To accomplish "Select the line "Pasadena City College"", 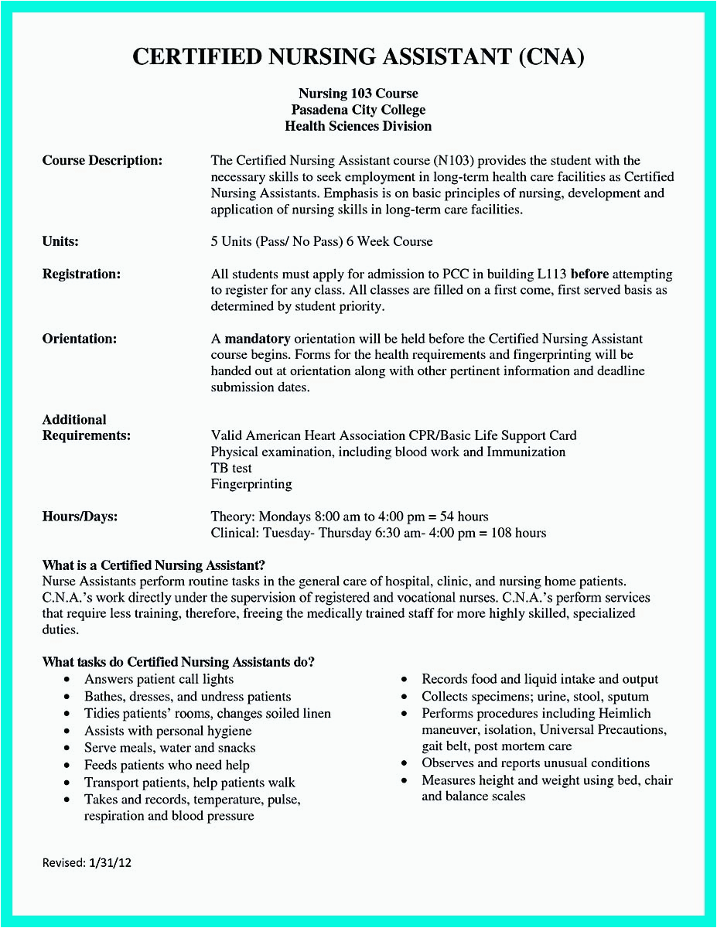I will pyautogui.click(x=358, y=110).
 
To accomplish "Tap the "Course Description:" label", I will pyautogui.click(x=102, y=161).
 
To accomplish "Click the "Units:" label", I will pyautogui.click(x=60, y=242).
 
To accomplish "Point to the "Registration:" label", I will pyautogui.click(x=81, y=275).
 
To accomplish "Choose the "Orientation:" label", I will pyautogui.click(x=80, y=339).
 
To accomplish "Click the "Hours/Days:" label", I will pyautogui.click(x=80, y=517).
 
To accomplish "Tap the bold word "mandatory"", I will pyautogui.click(x=258, y=339).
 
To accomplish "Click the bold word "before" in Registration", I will pyautogui.click(x=589, y=275).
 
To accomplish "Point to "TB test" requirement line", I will pyautogui.click(x=231, y=468).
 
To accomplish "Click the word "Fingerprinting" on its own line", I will pyautogui.click(x=251, y=484).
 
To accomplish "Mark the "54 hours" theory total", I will pyautogui.click(x=465, y=517).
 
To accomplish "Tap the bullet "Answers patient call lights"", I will pyautogui.click(x=159, y=680).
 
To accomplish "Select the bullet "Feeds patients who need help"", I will pyautogui.click(x=167, y=765).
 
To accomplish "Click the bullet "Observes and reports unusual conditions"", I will pyautogui.click(x=535, y=763).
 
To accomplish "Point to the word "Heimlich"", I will pyautogui.click(x=623, y=714).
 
